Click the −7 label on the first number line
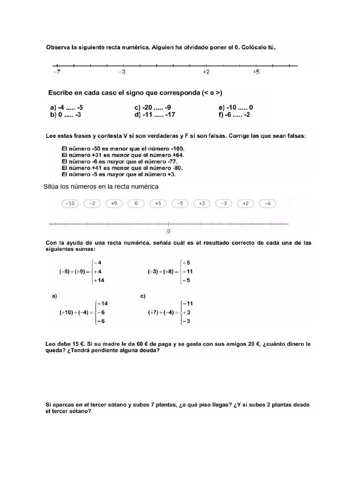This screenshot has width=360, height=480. pos(56,72)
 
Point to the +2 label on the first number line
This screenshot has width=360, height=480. pos(206,72)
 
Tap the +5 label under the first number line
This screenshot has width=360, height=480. pos(256,72)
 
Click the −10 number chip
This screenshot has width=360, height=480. pos(70,203)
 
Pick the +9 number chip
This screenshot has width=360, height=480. pos(114,203)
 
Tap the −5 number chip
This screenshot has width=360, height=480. pos(180,203)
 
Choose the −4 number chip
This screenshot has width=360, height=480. pos(268,203)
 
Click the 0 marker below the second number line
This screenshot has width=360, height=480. pos(168,231)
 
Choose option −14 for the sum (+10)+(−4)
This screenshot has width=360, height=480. pos(102,303)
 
